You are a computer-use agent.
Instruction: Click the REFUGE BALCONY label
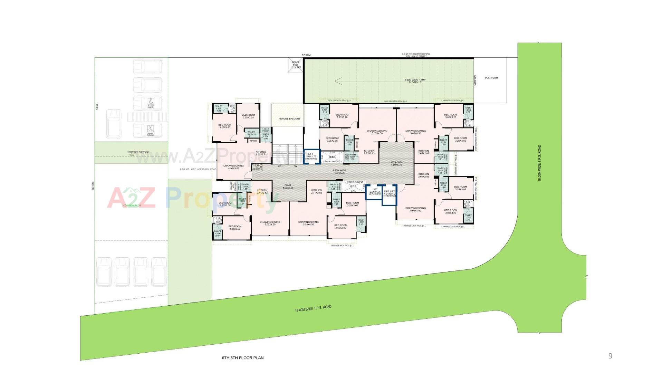coord(289,119)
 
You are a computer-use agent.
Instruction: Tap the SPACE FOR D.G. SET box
coord(296,65)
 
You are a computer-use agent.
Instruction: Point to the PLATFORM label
coord(491,78)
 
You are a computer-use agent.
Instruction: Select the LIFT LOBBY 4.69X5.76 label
coord(397,163)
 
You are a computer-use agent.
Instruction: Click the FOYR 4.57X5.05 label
coord(288,186)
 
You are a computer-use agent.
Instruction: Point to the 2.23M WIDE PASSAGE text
coord(339,172)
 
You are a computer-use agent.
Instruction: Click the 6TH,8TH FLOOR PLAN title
coord(242,358)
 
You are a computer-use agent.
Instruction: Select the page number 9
coord(610,356)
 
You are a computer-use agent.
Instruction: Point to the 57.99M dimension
coord(306,55)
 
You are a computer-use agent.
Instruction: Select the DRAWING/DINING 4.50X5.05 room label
coord(233,167)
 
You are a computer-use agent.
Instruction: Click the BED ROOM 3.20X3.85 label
coord(224,126)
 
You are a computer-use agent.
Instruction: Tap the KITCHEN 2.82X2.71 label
coord(261,153)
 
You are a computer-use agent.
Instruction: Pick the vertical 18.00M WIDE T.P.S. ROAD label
coord(539,163)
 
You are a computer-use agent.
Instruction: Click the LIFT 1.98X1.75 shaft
coord(312,156)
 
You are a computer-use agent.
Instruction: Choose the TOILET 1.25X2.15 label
coord(361,222)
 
